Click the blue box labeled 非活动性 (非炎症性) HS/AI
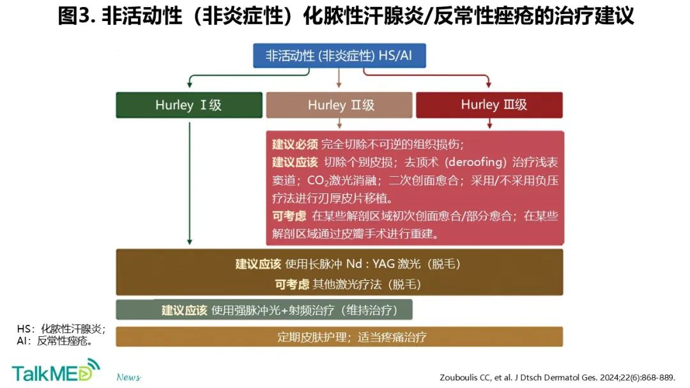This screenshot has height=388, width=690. click(339, 56)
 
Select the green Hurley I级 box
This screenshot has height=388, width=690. click(189, 105)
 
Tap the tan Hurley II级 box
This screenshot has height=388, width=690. click(339, 105)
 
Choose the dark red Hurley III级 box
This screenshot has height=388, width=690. click(489, 105)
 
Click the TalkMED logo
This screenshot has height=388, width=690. click(56, 370)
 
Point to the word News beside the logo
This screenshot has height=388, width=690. click(128, 377)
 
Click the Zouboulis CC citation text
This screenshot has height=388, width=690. click(557, 377)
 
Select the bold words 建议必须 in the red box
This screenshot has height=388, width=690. click(295, 144)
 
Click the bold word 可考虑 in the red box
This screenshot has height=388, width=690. click(289, 216)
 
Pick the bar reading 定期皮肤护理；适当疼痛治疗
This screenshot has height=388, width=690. click(339, 336)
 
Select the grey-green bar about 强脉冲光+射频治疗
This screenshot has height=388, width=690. click(264, 310)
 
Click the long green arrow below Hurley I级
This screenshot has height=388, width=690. click(190, 183)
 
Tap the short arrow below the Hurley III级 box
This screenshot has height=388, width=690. click(489, 123)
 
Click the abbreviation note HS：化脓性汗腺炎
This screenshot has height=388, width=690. click(61, 329)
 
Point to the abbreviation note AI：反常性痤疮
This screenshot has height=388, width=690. click(54, 341)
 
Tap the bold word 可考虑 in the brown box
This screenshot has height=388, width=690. click(292, 284)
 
